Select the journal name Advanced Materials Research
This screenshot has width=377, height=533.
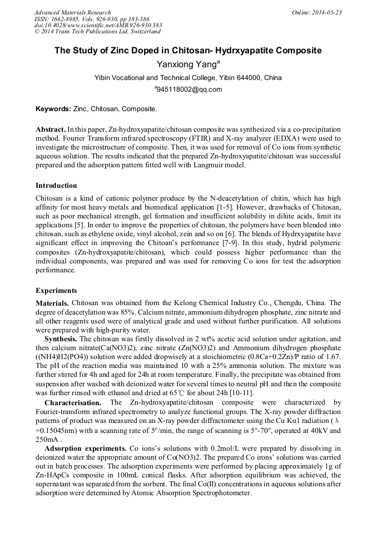coord(72,12)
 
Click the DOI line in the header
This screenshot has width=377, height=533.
coord(98,25)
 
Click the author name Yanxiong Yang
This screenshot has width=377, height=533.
coord(186,64)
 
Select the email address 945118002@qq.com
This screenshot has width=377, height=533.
coord(189,89)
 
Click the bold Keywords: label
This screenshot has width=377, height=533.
coord(53,109)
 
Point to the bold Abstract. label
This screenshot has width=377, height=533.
coord(51,128)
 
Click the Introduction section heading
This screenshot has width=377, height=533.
coord(56,186)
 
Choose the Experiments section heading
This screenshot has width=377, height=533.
coord(56,291)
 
